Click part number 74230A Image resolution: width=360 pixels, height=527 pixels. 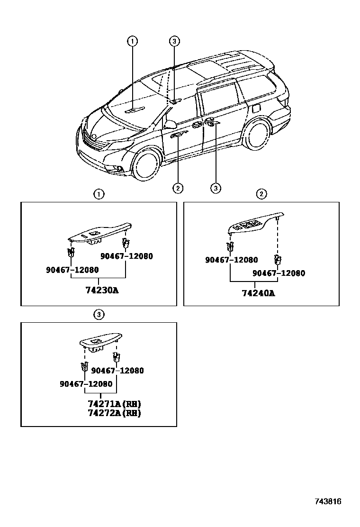point(101,291)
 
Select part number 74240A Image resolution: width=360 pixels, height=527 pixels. point(258,293)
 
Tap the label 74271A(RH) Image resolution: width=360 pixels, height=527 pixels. point(115,404)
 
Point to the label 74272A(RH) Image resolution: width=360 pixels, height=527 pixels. point(115,413)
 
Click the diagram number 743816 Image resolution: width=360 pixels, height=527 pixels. point(328,501)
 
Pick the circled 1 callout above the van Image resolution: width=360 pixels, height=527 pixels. point(132,41)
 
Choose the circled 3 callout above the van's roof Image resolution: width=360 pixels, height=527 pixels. point(174,41)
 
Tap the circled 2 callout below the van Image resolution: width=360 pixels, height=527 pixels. point(178,188)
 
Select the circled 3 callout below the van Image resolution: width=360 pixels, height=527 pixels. point(216,188)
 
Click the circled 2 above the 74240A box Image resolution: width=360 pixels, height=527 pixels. point(261,193)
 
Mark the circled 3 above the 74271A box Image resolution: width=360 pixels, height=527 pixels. point(99,314)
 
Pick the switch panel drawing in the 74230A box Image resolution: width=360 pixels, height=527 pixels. point(99,233)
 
